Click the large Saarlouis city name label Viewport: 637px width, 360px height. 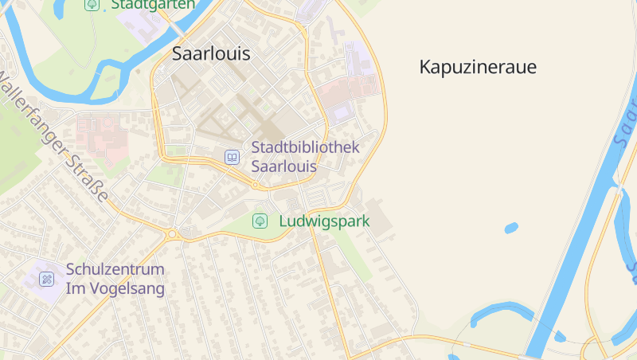pyautogui.click(x=211, y=54)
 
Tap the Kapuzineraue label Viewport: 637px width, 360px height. pyautogui.click(x=478, y=67)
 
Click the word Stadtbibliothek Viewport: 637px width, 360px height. pyautogui.click(x=306, y=147)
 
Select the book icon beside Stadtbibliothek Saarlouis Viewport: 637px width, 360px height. pyautogui.click(x=232, y=157)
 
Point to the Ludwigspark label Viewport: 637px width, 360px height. pyautogui.click(x=324, y=221)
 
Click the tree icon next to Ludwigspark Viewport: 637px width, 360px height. pyautogui.click(x=260, y=221)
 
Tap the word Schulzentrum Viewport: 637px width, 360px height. pyautogui.click(x=115, y=269)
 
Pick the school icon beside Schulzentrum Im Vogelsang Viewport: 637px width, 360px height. pyautogui.click(x=47, y=279)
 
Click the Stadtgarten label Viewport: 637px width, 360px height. pyautogui.click(x=153, y=4)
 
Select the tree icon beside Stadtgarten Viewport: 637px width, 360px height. pyautogui.click(x=92, y=4)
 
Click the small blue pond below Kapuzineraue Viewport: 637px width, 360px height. pyautogui.click(x=510, y=228)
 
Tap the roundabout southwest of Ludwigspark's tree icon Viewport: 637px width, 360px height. pyautogui.click(x=171, y=234)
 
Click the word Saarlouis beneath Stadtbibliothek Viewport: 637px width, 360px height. pyautogui.click(x=284, y=166)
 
